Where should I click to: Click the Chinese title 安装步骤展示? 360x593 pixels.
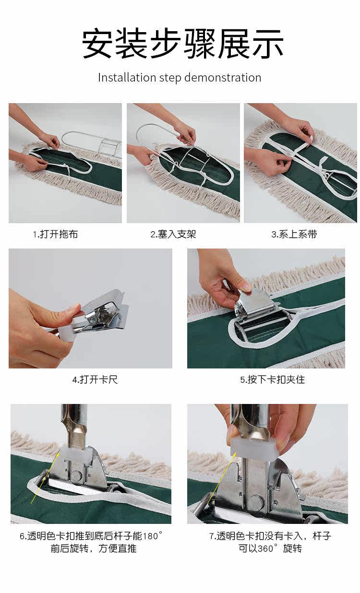[182, 44]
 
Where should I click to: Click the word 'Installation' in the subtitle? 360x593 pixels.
[127, 78]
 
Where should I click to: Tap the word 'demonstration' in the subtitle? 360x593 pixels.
[223, 78]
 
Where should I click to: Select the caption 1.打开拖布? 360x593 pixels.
[55, 234]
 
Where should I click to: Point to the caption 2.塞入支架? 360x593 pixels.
[173, 234]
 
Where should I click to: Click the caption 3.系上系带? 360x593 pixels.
[294, 234]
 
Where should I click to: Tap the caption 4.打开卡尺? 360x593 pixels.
[95, 380]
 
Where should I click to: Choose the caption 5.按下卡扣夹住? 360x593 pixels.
[273, 380]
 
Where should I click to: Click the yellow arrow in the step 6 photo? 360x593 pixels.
[45, 479]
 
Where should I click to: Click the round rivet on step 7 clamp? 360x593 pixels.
[255, 502]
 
